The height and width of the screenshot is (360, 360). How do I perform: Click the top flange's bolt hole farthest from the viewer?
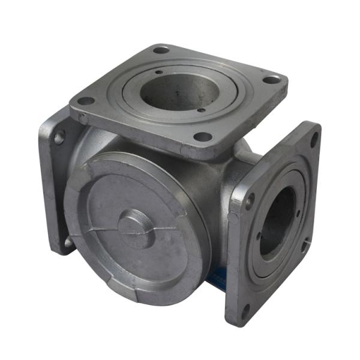[160, 50]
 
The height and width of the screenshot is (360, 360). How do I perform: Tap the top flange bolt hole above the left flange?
[85, 101]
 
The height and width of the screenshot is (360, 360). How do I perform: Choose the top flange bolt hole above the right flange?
[271, 79]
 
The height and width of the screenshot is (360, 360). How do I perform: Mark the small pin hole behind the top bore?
[157, 74]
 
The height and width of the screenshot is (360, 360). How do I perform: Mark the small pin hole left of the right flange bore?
[259, 236]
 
